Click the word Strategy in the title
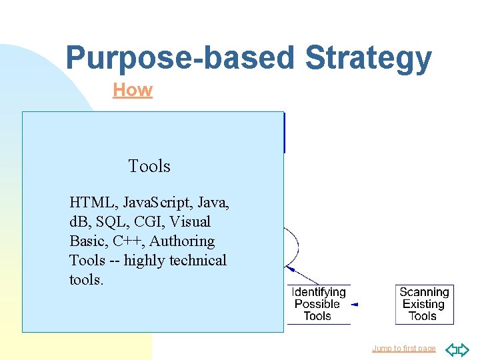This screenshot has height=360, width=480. tap(368, 59)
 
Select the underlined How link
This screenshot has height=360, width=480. tap(133, 90)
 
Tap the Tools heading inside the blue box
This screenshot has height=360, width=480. tap(149, 167)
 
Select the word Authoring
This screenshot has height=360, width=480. tap(182, 241)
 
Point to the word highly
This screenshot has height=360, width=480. tap(144, 260)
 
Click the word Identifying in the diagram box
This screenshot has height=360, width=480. tap(319, 293)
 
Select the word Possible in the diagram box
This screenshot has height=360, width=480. tap(317, 304)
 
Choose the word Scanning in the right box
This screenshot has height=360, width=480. tap(424, 293)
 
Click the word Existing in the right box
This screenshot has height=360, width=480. tap(423, 304)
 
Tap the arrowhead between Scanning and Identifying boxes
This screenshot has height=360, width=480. tap(355, 305)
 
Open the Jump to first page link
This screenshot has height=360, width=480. tap(403, 349)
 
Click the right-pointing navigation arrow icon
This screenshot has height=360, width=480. tap(464, 349)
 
